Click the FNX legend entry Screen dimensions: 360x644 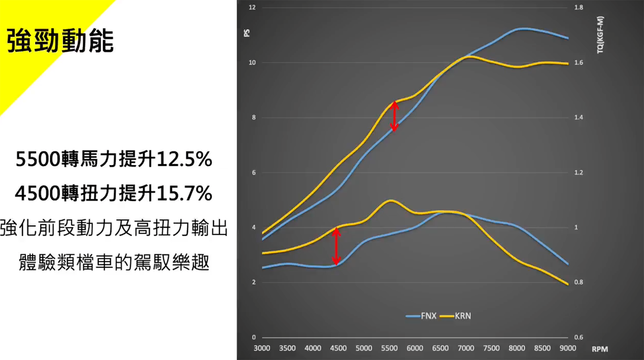(422, 316)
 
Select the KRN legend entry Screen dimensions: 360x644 (456, 316)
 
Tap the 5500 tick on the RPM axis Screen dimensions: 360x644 (389, 348)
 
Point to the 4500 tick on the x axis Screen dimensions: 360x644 (338, 348)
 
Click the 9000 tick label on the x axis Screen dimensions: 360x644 (568, 348)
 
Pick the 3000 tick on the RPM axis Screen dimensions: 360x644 (262, 348)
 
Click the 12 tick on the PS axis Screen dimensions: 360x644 (252, 7)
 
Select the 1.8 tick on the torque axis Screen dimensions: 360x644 (579, 7)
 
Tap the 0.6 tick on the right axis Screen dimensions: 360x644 (579, 337)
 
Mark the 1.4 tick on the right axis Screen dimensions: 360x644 (579, 117)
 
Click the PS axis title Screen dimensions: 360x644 (247, 33)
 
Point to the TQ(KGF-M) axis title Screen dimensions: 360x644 (600, 35)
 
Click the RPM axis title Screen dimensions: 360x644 (600, 349)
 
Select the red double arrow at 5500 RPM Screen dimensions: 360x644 (394, 116)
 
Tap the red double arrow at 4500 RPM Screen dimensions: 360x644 (336, 246)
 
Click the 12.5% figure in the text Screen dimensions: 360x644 (184, 159)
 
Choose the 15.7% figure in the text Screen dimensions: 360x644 (184, 194)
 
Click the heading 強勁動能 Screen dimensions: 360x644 (60, 41)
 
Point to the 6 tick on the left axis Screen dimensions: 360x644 (254, 173)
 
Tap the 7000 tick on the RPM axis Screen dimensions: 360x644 (466, 348)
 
